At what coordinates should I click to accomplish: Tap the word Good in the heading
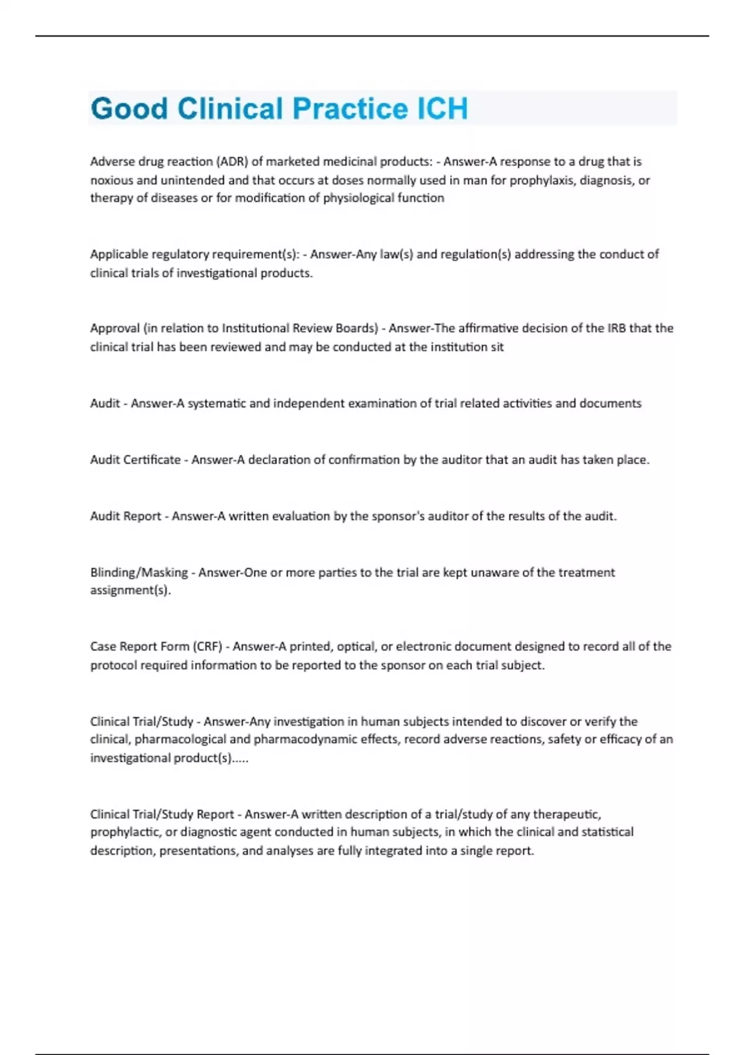point(129,109)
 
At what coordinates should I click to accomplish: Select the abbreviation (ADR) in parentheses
point(232,161)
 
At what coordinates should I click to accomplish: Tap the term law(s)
point(396,254)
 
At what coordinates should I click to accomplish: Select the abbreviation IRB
point(616,328)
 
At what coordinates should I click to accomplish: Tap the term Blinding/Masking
point(139,572)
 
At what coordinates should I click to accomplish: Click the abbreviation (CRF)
point(207,647)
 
